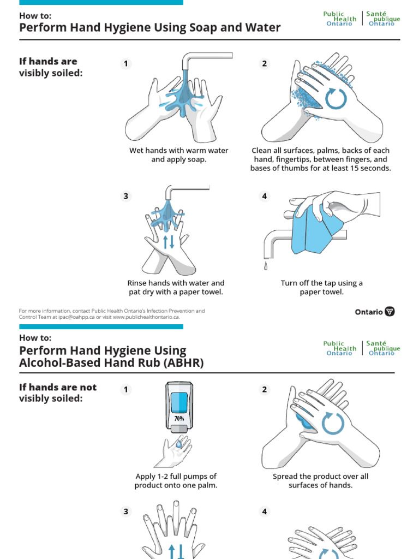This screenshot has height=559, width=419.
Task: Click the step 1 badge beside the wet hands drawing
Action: coord(126,64)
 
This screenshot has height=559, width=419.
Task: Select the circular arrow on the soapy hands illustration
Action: coord(336,98)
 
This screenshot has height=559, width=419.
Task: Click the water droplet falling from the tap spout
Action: coord(266,266)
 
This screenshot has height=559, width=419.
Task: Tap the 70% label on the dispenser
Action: coord(178,419)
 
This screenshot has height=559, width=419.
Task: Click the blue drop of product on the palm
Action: coord(178,445)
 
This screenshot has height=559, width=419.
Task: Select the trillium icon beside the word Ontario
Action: coord(390,312)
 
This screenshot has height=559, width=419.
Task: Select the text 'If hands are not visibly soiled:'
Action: coord(58,393)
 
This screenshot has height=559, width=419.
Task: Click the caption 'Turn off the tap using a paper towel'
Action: coord(321,287)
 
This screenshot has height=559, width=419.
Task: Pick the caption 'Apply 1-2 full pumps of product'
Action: coord(176,480)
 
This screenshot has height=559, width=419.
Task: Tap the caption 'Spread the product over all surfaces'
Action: coord(320,480)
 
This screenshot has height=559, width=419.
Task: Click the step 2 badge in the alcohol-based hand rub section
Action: coord(265,389)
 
